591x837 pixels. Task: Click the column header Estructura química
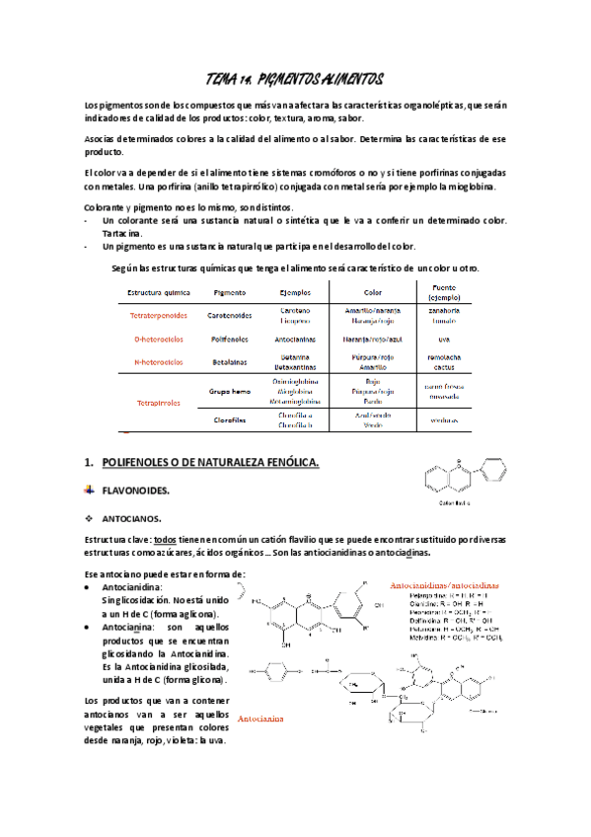[x=157, y=293]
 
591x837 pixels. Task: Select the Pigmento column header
[x=229, y=293]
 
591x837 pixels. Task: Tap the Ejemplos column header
[x=295, y=293]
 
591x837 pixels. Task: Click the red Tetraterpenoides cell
[x=157, y=316]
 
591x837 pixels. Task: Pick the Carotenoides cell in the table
[x=229, y=316]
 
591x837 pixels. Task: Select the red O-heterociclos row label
[x=158, y=339]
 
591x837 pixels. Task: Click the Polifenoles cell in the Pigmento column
[x=229, y=339]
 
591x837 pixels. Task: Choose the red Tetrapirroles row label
[x=158, y=403]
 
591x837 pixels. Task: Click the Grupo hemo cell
[x=229, y=391]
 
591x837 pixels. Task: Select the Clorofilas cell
[x=229, y=419]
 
